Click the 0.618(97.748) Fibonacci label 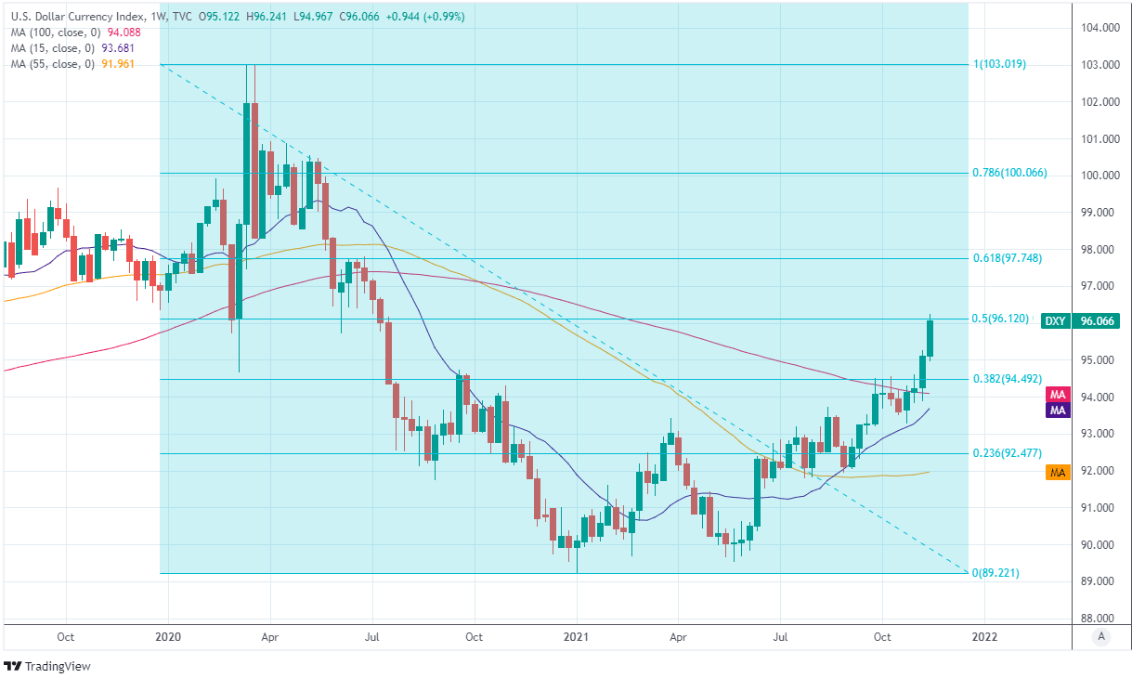click(x=1011, y=258)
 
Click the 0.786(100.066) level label click(x=1014, y=173)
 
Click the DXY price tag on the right click(x=1055, y=321)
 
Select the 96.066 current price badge click(x=1096, y=321)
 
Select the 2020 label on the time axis click(x=167, y=637)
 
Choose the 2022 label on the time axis click(x=984, y=637)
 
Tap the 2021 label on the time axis click(x=576, y=637)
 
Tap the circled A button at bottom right click(x=1101, y=637)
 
